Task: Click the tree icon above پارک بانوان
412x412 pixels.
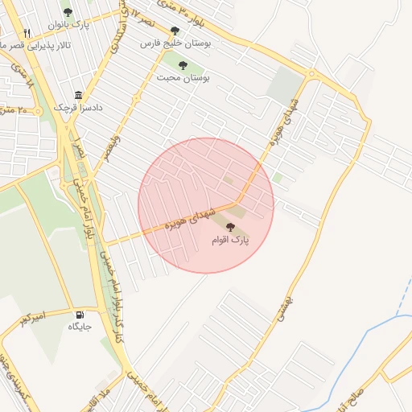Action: [x=68, y=12]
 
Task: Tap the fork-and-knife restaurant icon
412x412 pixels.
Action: [x=27, y=33]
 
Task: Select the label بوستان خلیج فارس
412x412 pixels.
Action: [x=186, y=45]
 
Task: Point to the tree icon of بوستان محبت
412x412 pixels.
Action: [x=183, y=65]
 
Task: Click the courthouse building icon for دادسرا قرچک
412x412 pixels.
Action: [x=78, y=94]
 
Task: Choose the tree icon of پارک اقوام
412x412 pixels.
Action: [x=231, y=228]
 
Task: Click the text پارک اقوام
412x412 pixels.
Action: [x=231, y=241]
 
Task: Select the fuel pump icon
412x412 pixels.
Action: [x=80, y=314]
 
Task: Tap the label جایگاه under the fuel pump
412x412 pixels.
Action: [x=80, y=327]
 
